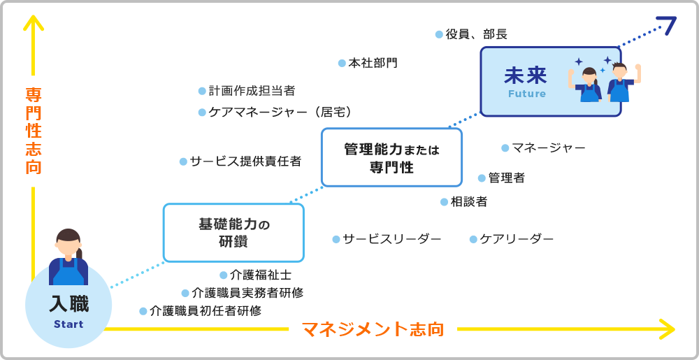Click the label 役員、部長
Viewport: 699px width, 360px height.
pos(476,34)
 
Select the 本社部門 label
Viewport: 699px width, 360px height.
pos(373,63)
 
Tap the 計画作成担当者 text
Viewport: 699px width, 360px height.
pos(252,91)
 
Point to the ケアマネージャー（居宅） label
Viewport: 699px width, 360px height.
pos(280,112)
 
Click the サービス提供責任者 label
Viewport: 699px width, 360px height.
pos(245,161)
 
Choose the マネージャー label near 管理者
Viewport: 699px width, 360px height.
pos(548,147)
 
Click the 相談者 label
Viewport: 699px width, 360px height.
pos(469,202)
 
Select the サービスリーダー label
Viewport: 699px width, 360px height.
pos(391,239)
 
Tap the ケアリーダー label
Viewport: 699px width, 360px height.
pos(517,239)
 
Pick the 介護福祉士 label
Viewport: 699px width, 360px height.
pos(261,275)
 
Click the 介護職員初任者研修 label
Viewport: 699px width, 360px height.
pos(206,311)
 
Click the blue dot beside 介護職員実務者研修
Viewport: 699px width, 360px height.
pos(185,294)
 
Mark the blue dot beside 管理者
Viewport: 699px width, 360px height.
pos(482,178)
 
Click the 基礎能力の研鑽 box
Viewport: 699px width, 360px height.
pos(233,233)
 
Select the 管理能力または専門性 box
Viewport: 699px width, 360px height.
pos(391,158)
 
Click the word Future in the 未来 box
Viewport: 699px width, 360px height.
pos(526,94)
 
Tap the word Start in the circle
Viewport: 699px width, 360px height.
pos(69,324)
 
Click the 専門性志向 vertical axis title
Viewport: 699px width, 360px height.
pos(33,131)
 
